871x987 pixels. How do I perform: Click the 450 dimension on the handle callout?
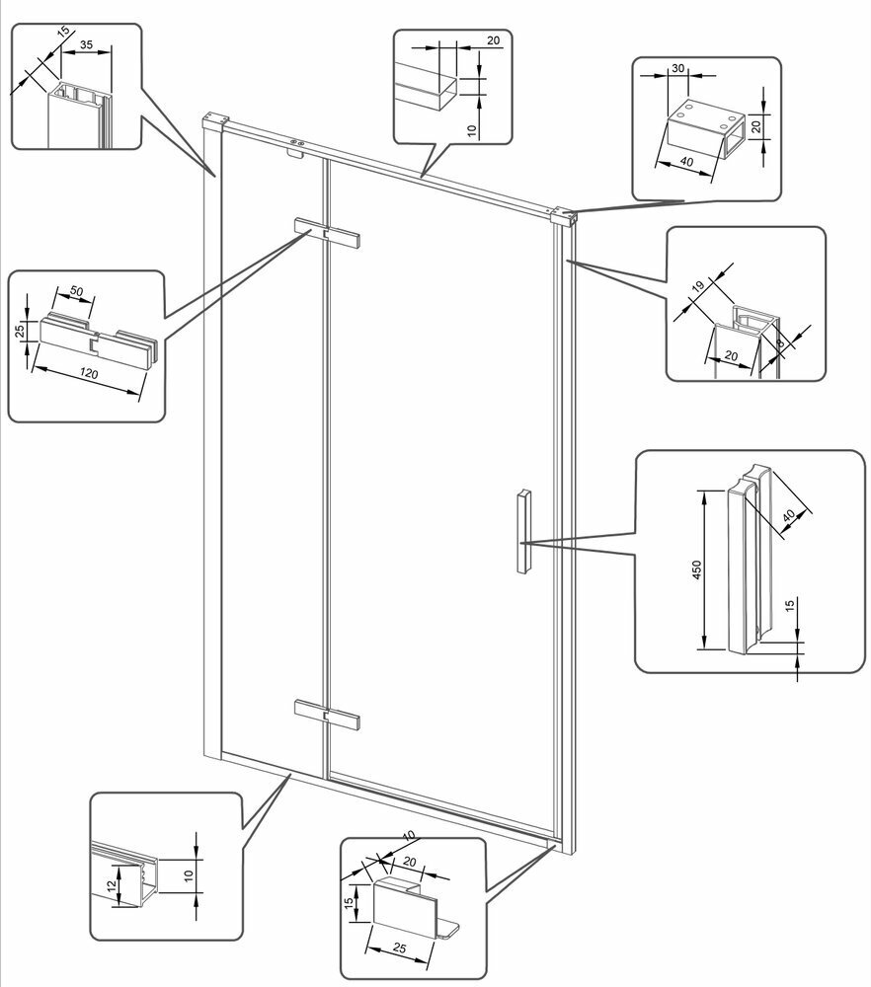(696, 569)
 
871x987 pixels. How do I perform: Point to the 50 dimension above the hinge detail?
(75, 294)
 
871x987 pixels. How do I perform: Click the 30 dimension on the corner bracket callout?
(677, 68)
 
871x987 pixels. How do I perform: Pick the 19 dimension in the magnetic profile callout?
(698, 288)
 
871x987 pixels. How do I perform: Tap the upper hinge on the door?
(328, 234)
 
